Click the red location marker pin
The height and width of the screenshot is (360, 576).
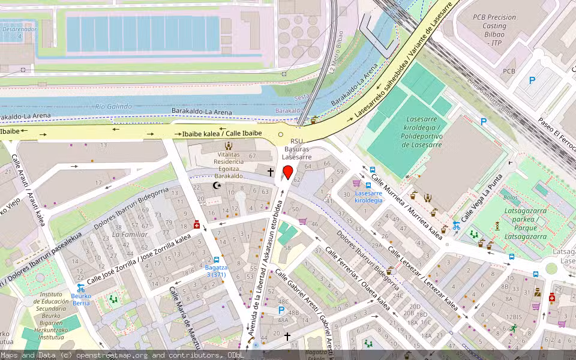point(287,173)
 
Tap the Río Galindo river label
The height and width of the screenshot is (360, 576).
point(113,107)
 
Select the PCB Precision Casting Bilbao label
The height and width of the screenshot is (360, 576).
point(494,30)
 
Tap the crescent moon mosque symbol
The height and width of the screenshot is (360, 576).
point(217,185)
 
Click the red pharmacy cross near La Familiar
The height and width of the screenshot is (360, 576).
point(196,224)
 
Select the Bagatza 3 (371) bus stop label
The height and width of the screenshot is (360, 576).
point(216,270)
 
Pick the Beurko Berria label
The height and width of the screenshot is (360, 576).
point(81,299)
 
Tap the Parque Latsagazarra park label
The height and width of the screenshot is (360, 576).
point(525,232)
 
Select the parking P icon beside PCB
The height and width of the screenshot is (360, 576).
point(532,80)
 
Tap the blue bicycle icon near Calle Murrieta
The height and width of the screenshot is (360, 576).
point(456,226)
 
